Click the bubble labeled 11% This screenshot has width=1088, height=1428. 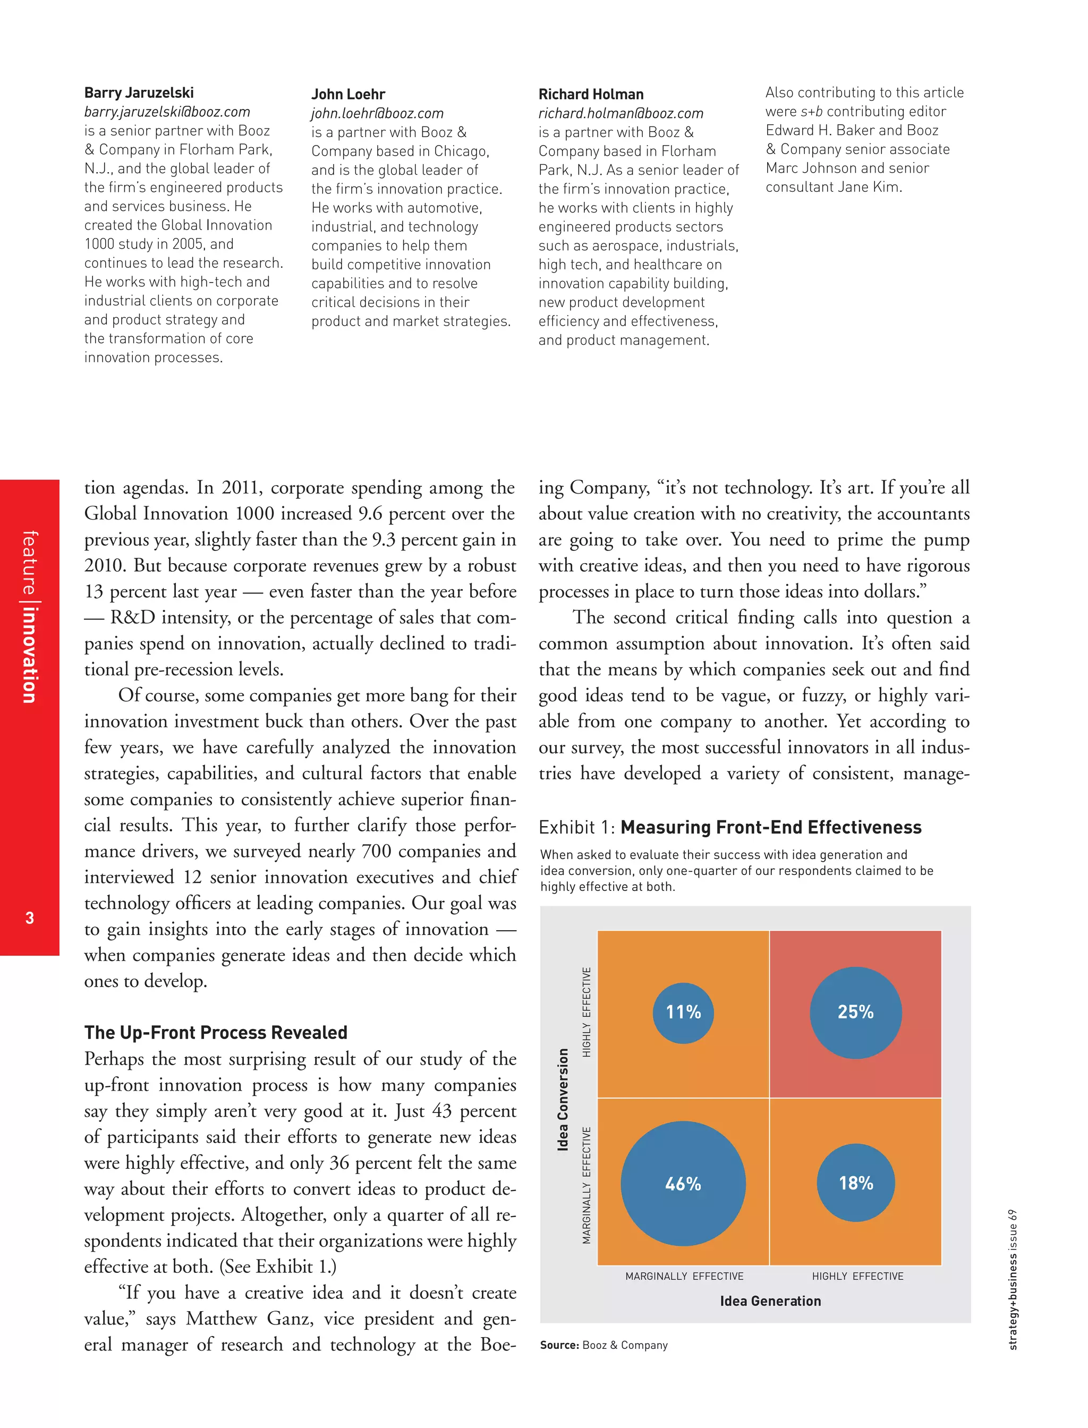(683, 1012)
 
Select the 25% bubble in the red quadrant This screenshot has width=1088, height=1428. (855, 1012)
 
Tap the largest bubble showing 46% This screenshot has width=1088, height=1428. (683, 1184)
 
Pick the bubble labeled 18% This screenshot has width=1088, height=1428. (855, 1183)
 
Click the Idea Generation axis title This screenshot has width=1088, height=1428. (770, 1301)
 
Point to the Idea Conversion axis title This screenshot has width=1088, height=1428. (563, 1100)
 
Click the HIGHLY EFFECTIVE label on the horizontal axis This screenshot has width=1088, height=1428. (857, 1276)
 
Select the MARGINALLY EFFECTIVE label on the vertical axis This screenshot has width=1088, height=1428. (586, 1186)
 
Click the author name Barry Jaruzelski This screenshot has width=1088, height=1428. (139, 92)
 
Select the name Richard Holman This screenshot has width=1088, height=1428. (591, 94)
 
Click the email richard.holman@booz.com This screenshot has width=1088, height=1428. (620, 113)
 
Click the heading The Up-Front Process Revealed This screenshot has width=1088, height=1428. (216, 1032)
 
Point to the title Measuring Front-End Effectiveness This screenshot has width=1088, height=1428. (771, 827)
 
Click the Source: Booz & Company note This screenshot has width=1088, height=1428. (603, 1345)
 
